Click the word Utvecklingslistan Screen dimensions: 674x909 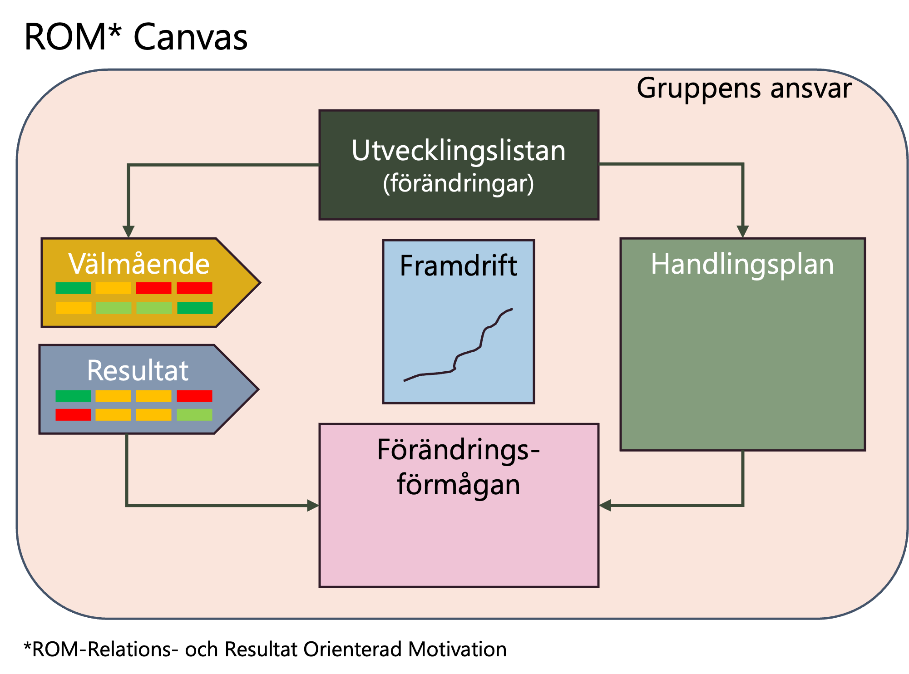[x=459, y=151]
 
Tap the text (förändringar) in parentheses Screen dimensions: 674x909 [x=459, y=183]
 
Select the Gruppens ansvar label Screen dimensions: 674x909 [x=744, y=88]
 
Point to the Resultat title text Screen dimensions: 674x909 [x=138, y=370]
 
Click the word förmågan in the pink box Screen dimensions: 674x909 [x=459, y=485]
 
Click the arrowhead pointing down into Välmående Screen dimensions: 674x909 [x=128, y=231]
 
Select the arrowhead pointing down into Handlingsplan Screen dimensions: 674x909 [x=742, y=231]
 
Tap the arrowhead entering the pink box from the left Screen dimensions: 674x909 [x=313, y=505]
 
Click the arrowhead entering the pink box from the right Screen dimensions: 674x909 [x=605, y=505]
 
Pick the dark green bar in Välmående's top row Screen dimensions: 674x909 [x=73, y=288]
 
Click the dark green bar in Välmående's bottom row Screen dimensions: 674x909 [x=195, y=308]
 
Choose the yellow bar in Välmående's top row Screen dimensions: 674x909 [x=113, y=288]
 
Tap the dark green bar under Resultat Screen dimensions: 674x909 [x=73, y=396]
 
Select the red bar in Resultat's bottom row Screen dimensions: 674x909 [x=73, y=415]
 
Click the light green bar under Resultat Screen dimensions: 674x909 [x=194, y=415]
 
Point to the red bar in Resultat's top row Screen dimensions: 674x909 [x=194, y=396]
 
